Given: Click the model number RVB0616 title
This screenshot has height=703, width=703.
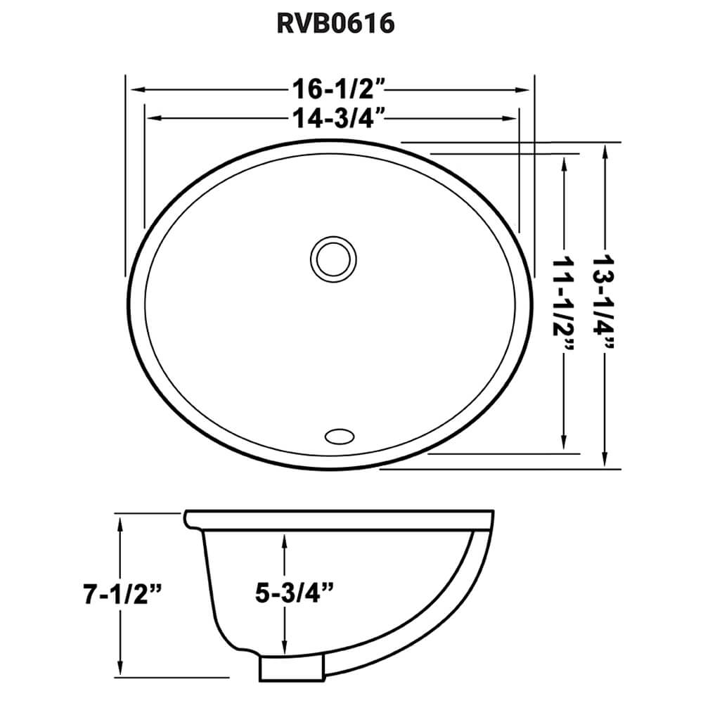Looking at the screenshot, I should click(x=335, y=24).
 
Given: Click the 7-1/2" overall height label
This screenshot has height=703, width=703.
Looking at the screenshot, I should click(x=122, y=596).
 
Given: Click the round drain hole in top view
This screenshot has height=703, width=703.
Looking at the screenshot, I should click(x=332, y=257).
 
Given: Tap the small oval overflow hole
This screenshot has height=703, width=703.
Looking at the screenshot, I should click(x=341, y=435).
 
